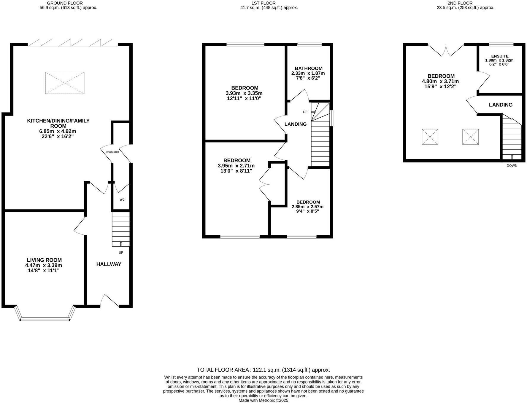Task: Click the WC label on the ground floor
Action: (x=122, y=200)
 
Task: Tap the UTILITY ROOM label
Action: (x=112, y=152)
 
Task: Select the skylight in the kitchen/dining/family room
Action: (x=65, y=83)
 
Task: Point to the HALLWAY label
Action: (x=109, y=264)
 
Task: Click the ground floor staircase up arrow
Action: (x=121, y=244)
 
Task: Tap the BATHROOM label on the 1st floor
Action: (x=308, y=68)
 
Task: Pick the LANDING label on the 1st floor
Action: (x=295, y=124)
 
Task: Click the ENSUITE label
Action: (x=500, y=56)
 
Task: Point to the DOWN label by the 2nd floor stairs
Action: (x=512, y=166)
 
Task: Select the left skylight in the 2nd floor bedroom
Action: (x=430, y=137)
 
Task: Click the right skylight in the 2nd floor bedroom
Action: (x=470, y=137)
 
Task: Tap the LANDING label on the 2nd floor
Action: (x=501, y=105)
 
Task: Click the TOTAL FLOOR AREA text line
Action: (x=263, y=370)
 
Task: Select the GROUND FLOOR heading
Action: (x=65, y=3)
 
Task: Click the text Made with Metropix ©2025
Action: (x=263, y=400)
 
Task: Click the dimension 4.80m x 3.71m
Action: (x=440, y=81)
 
